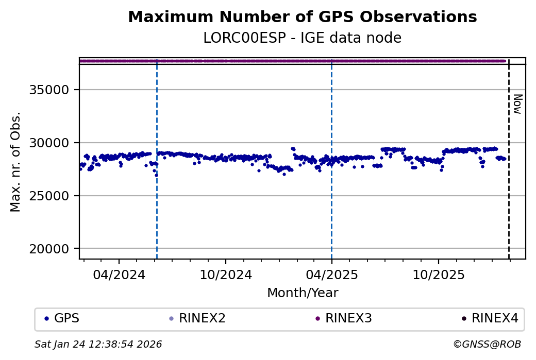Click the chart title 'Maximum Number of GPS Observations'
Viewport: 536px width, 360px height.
[302, 17]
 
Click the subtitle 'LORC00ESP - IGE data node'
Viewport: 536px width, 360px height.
[302, 38]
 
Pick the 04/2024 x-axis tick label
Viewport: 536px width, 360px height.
[119, 275]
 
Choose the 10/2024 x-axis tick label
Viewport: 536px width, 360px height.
[226, 275]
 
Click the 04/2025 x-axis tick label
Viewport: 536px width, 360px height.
[331, 275]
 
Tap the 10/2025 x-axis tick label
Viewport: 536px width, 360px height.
[438, 275]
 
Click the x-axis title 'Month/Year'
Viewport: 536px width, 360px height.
[303, 293]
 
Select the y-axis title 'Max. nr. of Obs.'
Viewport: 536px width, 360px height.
[16, 161]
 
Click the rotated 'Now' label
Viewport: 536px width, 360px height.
[517, 104]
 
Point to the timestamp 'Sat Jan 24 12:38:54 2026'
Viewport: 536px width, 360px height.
[98, 344]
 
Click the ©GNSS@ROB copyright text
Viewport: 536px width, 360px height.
[487, 344]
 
